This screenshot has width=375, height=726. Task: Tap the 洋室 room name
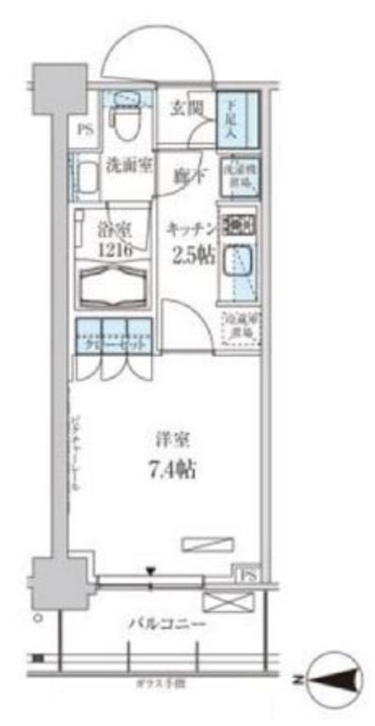[174, 441]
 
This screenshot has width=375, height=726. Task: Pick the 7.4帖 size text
[174, 470]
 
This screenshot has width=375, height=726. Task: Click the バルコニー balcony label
[166, 626]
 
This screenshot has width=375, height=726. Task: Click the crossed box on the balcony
[225, 601]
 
